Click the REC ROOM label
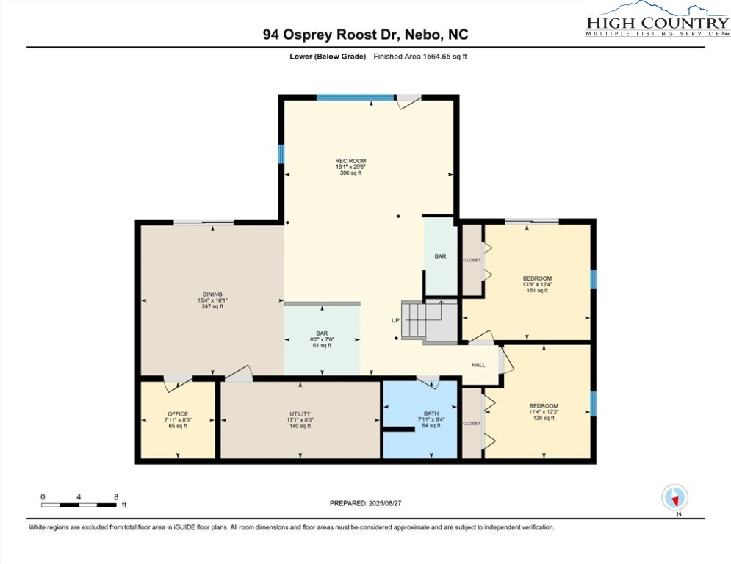[350, 161]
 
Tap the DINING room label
[212, 294]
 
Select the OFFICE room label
[178, 414]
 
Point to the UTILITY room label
[300, 414]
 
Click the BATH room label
[431, 413]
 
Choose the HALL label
[478, 365]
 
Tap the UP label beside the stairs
[395, 320]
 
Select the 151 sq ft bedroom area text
[537, 290]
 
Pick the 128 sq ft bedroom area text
[544, 418]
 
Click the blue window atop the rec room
[356, 98]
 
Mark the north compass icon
[674, 497]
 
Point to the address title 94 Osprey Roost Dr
[332, 35]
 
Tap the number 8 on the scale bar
[116, 497]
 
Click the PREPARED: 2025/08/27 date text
[366, 503]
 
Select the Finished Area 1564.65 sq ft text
[420, 57]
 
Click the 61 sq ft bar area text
[322, 345]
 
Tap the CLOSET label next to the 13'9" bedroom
[472, 260]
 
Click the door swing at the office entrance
[178, 382]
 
